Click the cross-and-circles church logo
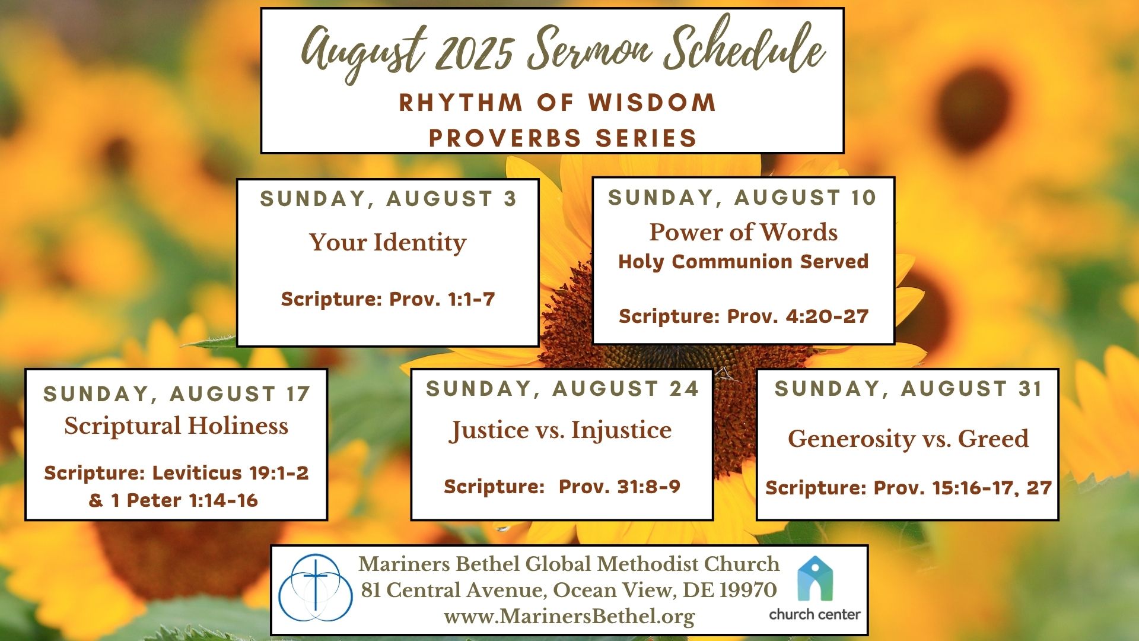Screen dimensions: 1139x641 click(x=316, y=588)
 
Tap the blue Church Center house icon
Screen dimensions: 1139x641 click(x=815, y=579)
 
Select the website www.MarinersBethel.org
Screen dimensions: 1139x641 click(x=569, y=616)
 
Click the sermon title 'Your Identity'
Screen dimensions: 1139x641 click(x=387, y=242)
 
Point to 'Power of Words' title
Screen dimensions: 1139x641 click(x=743, y=231)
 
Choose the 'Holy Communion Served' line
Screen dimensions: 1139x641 click(x=743, y=262)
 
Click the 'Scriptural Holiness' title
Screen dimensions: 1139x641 click(x=176, y=426)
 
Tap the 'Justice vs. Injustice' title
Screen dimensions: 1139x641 click(x=561, y=430)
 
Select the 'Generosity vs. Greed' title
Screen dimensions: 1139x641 click(x=908, y=439)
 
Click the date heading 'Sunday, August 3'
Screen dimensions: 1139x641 click(x=388, y=199)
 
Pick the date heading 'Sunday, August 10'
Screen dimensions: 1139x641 click(x=743, y=197)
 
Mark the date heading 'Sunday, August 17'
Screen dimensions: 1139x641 click(x=177, y=394)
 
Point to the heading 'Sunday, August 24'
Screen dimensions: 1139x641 click(x=562, y=389)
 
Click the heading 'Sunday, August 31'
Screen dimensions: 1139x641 click(x=908, y=389)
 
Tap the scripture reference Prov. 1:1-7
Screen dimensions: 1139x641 click(x=441, y=299)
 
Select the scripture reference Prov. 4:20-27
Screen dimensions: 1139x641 click(x=797, y=316)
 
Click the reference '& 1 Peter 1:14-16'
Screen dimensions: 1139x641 click(x=173, y=500)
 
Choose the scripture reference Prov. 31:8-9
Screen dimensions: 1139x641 click(x=619, y=487)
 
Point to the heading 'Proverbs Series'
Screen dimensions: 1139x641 click(x=562, y=138)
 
